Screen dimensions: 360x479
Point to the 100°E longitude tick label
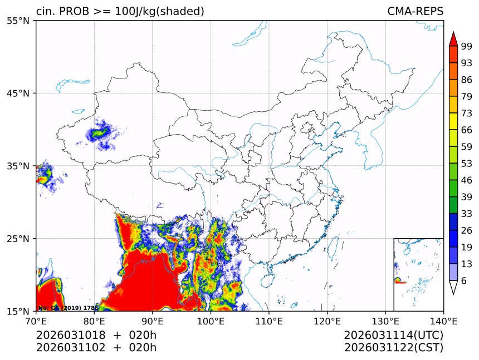[211, 320]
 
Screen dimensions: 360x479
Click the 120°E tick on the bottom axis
[327, 320]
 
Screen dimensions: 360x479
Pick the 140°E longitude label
[443, 320]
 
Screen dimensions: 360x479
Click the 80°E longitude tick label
[94, 320]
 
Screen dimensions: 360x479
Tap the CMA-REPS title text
[415, 11]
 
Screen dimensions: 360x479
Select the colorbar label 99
[467, 47]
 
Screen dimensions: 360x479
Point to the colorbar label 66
[467, 130]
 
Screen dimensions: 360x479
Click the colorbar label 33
[467, 214]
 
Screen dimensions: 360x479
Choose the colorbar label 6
[464, 281]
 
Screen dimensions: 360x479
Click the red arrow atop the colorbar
[453, 39]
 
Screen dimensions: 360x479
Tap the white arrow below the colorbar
[453, 288]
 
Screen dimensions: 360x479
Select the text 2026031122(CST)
[393, 348]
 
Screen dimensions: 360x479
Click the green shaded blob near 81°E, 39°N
[100, 134]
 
